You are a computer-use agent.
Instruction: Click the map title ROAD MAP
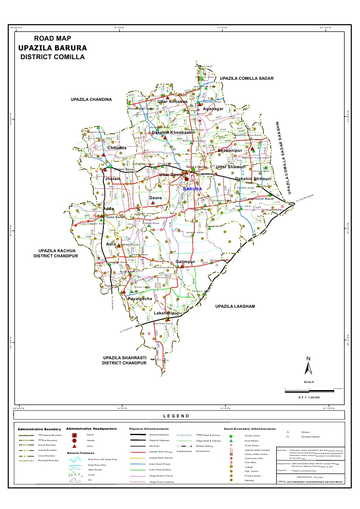52,39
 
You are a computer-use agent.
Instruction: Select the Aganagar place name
213,109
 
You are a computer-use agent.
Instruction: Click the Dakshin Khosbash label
171,133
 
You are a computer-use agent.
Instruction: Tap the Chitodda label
117,148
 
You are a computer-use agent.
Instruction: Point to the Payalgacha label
140,299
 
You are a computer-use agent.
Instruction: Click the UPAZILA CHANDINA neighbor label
91,99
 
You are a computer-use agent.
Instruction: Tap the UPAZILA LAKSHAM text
235,306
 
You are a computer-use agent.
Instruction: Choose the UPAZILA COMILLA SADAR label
247,78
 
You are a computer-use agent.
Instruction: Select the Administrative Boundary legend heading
39,429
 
